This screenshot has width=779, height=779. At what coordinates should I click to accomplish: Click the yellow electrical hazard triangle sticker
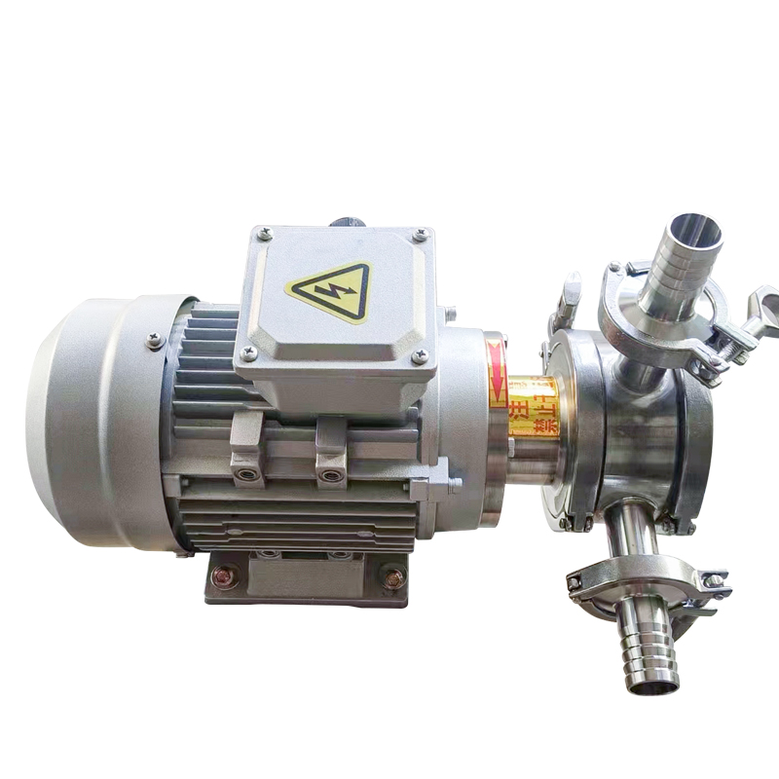pos(329,290)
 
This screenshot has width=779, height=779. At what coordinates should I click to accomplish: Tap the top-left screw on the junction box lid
pos(262,234)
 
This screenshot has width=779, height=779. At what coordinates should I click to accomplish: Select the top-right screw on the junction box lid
pos(420,235)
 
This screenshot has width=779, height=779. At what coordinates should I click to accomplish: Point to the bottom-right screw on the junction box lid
pos(420,357)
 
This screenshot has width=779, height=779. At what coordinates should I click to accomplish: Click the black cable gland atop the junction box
pos(347,222)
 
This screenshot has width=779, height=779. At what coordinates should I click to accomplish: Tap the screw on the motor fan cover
pos(154,340)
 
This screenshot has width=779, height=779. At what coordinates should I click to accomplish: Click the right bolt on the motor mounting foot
pos(393,578)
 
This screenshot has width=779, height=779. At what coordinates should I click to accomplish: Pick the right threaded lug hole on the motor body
pos(331,476)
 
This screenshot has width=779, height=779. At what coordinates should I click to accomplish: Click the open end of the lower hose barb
pos(652,686)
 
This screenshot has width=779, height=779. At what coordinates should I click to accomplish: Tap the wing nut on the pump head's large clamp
pos(567,298)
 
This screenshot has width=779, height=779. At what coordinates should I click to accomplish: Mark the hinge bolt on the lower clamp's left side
pos(576,583)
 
